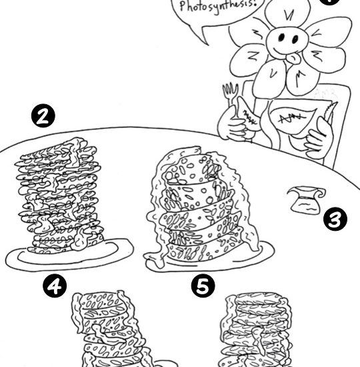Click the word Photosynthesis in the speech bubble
coord(217,7)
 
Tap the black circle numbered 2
coord(43,115)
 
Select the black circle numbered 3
coord(335,219)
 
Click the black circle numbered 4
coord(55,286)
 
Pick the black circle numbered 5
coord(203,286)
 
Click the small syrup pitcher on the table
coord(306,200)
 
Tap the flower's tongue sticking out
coord(293,59)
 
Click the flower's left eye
coord(281,37)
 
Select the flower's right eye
coord(295,39)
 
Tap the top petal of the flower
coord(288,13)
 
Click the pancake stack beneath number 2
coord(59,197)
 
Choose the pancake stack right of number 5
coord(256,330)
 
